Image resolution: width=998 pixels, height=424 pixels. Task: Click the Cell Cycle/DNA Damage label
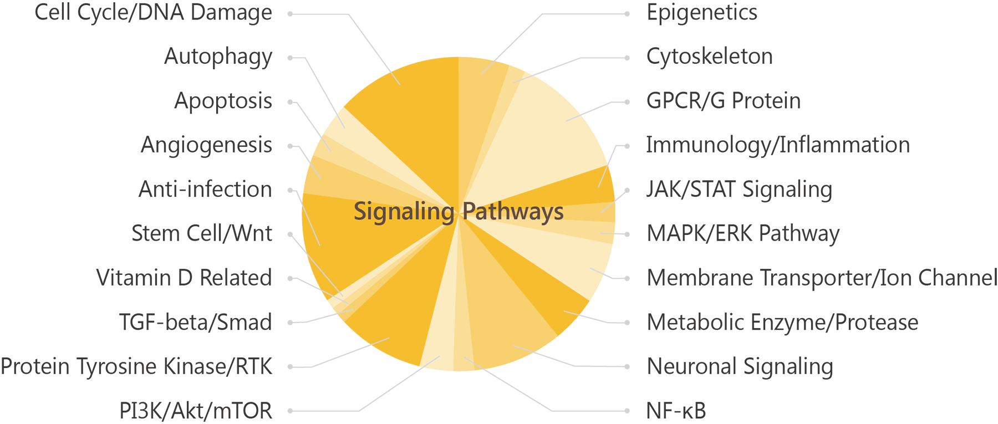click(x=153, y=13)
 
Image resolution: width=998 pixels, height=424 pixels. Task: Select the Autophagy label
click(x=218, y=57)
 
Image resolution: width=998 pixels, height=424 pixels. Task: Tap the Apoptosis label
click(x=223, y=101)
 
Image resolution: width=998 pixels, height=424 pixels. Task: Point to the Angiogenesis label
click(x=206, y=145)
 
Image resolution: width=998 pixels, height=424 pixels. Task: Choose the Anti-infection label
click(x=205, y=190)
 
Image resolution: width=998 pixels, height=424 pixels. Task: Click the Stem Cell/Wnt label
click(x=202, y=233)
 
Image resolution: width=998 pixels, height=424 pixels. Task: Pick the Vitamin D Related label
click(x=184, y=278)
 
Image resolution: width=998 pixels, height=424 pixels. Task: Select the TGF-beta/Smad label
click(x=196, y=322)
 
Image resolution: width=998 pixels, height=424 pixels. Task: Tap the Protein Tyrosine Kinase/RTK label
click(x=136, y=366)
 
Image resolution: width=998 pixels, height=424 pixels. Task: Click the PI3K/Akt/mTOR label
click(x=196, y=411)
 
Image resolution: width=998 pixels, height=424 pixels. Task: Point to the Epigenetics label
click(x=702, y=13)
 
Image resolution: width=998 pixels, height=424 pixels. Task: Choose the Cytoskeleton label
click(x=710, y=57)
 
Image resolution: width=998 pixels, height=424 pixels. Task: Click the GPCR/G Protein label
click(x=724, y=101)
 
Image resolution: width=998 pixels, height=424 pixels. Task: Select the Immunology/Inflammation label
click(x=778, y=145)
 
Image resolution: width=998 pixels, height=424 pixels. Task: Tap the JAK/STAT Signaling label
click(x=739, y=190)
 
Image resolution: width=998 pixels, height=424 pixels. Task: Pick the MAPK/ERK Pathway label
click(x=743, y=234)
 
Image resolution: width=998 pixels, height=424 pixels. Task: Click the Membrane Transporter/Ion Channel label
click(x=822, y=278)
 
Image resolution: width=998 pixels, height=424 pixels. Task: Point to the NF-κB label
click(x=676, y=411)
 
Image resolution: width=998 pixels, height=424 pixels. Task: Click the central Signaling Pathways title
click(x=459, y=212)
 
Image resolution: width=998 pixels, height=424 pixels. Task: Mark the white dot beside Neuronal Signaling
click(x=627, y=367)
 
